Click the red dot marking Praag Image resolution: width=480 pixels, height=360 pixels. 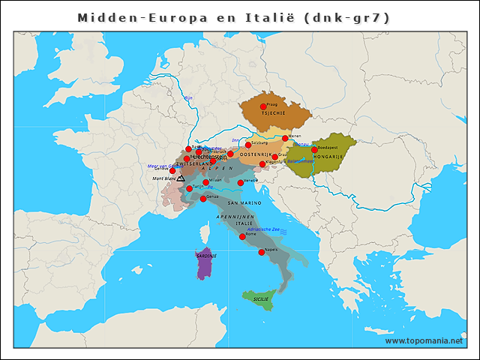point(263,106)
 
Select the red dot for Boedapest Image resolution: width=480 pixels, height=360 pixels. point(314,150)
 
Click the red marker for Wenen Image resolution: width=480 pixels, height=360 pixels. point(285,138)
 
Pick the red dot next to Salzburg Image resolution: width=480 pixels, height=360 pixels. point(248,145)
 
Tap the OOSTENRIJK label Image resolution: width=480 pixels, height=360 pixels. point(254,154)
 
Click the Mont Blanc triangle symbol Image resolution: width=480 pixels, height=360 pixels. point(181,178)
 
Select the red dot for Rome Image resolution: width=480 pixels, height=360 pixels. point(242,236)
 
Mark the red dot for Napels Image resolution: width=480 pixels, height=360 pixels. point(261,252)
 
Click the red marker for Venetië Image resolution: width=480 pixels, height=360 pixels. point(241,182)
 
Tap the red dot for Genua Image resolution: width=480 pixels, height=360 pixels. point(203,199)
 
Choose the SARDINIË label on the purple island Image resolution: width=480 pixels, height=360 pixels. point(206,256)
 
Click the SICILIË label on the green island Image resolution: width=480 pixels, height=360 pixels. point(261,299)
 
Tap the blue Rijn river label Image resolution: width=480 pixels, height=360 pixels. point(189,98)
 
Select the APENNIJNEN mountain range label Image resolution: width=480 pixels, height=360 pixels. point(231,215)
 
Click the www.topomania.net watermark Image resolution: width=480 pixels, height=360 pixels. point(424,340)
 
